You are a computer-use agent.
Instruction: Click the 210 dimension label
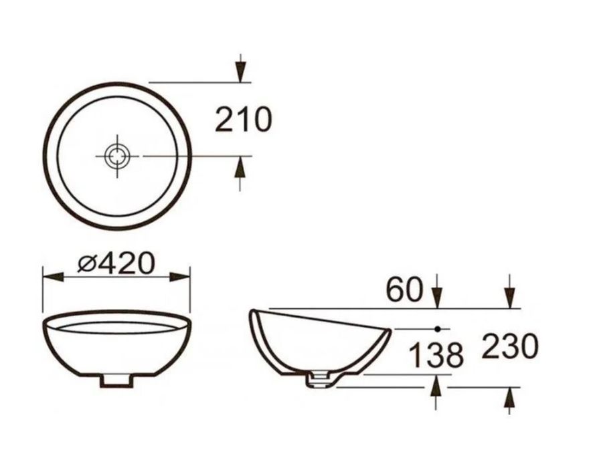click(243, 120)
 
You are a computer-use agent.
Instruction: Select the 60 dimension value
click(405, 289)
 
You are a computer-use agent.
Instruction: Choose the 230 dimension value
click(509, 348)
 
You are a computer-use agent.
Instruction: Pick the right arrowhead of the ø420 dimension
click(182, 275)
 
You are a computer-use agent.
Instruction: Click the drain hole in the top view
click(118, 155)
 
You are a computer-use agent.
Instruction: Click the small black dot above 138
click(437, 329)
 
